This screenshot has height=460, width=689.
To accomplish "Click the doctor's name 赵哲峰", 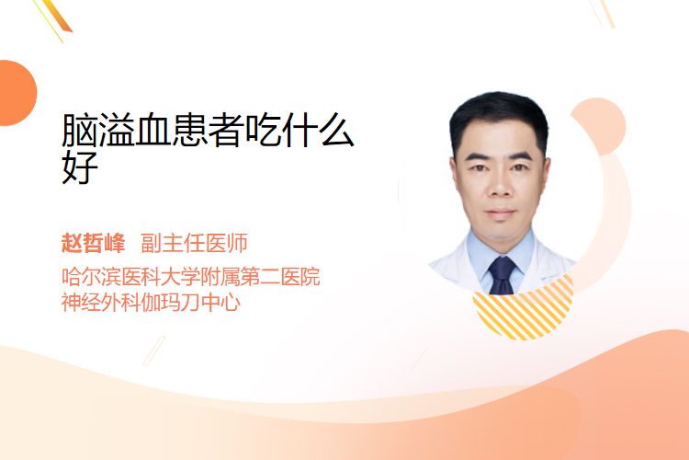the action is coord(93,243).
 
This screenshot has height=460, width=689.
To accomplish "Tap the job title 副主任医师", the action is coord(194,243).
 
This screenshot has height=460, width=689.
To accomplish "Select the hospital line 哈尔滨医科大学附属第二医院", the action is coord(191,276).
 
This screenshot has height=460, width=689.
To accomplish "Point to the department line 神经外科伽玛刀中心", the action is coord(151,302).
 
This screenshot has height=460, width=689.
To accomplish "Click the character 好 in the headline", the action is coord(80,167).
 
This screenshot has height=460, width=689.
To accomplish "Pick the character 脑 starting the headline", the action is coord(80,130).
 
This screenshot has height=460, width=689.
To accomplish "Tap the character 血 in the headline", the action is coord(152,130).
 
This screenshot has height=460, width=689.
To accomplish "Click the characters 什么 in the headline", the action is coord(299,130).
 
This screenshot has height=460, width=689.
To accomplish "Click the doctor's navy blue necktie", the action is coord(502,275).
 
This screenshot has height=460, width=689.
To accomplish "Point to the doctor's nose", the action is coord(501,186).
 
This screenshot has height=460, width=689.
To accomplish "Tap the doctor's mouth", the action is coord(501,213).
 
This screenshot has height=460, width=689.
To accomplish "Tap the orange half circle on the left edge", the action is coord(17,93).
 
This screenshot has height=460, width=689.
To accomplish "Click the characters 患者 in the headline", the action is coord(208,130).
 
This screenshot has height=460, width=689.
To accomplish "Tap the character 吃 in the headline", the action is coord(263,130).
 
